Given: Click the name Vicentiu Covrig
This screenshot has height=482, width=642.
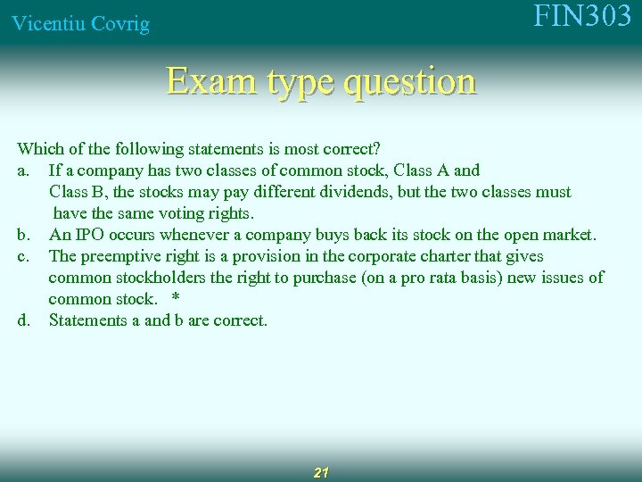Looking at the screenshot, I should click(x=80, y=24).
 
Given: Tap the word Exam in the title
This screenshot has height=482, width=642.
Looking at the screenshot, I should click(x=202, y=81).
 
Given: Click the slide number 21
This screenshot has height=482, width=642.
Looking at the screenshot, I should click(x=322, y=472).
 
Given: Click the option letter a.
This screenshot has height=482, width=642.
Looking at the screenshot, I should click(x=25, y=170).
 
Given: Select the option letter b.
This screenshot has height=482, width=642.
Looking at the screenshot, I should click(x=25, y=235).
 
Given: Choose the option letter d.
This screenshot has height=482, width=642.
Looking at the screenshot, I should click(x=25, y=320).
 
